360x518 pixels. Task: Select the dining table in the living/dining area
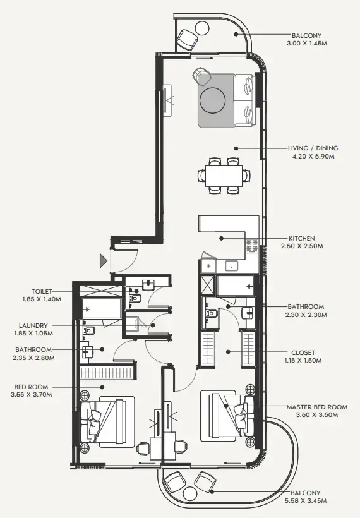point(224,174)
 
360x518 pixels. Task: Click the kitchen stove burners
point(253,246)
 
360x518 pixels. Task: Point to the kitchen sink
point(229,266)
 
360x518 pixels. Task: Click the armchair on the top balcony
point(188,40)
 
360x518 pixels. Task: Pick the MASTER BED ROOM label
point(317,407)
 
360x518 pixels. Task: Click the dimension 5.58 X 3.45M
point(307,500)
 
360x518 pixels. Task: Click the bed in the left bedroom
point(107,419)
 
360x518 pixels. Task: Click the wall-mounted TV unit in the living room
point(167,100)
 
